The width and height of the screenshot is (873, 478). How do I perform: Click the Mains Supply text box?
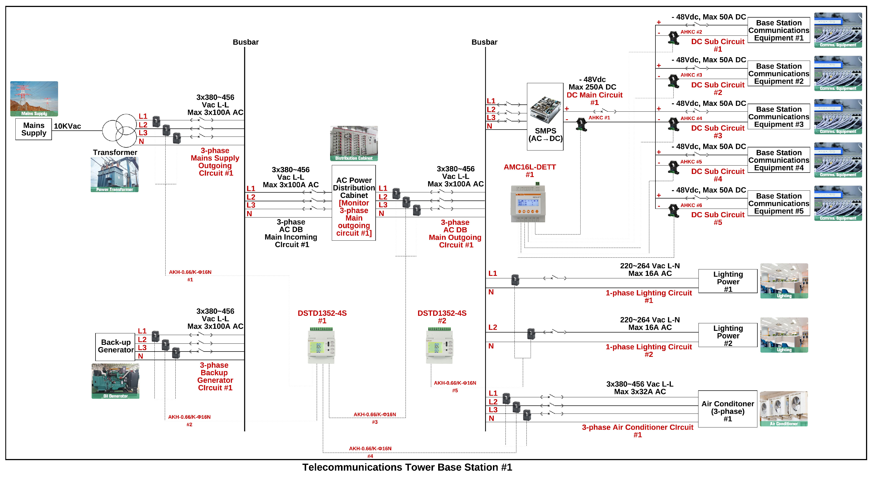tap(34, 129)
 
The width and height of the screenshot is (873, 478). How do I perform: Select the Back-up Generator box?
tap(115, 346)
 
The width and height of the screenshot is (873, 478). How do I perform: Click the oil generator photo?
tap(115, 381)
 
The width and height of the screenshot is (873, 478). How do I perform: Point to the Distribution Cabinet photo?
tap(354, 143)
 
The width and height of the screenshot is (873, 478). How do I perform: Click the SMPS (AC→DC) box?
tap(545, 116)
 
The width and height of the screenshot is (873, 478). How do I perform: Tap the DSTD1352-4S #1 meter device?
tap(321, 346)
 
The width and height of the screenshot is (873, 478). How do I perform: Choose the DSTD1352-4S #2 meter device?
tap(439, 346)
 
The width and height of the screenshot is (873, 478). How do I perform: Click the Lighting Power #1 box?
tap(727, 281)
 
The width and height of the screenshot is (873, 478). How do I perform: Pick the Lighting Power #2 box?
tap(727, 335)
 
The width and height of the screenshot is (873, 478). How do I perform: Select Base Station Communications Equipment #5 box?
tap(778, 203)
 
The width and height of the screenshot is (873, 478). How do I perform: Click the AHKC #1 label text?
tap(599, 118)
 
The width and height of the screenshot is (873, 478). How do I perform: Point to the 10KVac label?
tap(67, 126)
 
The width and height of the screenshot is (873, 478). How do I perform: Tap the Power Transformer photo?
tap(115, 175)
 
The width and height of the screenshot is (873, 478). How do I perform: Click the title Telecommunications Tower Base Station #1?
tap(407, 467)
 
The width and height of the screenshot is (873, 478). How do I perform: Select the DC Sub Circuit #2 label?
tap(717, 89)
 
